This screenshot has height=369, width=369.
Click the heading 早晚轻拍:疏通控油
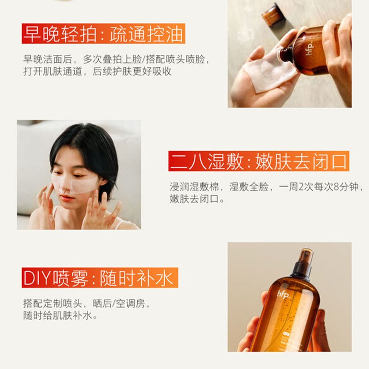pos(104,35)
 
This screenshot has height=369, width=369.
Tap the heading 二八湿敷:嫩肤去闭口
pos(259,161)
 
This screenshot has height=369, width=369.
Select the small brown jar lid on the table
pos(273,14)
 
